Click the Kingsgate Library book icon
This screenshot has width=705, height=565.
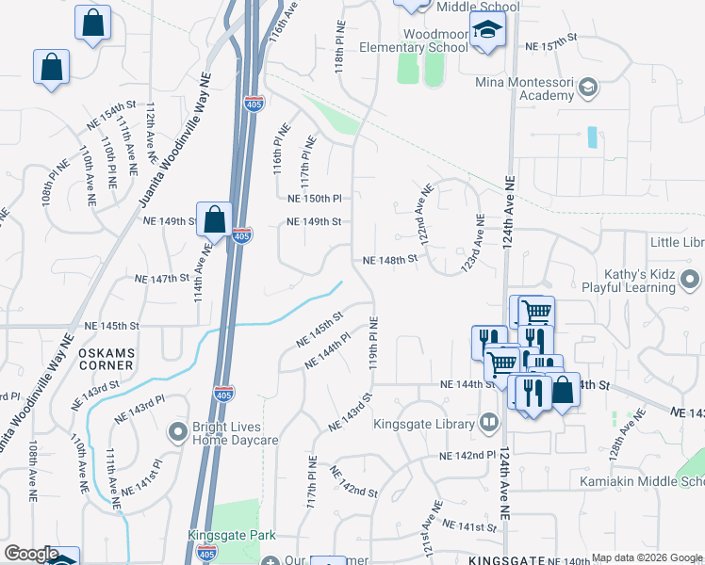tap(487, 423)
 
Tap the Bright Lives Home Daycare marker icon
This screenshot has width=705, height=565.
tap(176, 432)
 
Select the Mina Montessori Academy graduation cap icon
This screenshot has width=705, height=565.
tap(588, 88)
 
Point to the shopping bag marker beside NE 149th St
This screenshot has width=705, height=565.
tap(215, 220)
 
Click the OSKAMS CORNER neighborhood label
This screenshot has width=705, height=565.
tap(107, 360)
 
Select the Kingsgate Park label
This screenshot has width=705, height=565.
tap(232, 535)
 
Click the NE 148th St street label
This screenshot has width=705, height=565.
tap(390, 260)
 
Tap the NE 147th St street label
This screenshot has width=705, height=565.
tap(163, 279)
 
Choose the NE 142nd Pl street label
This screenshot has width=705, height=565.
tap(467, 456)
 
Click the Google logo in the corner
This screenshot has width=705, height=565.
tap(31, 555)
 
